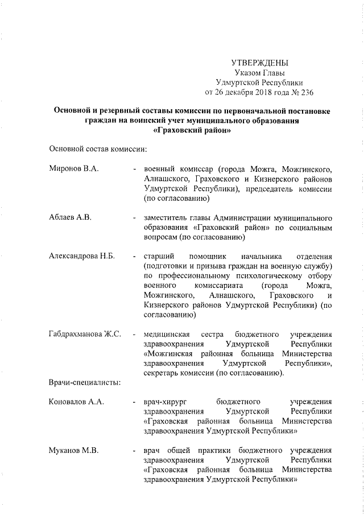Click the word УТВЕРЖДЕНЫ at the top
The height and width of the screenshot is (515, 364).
[260, 62]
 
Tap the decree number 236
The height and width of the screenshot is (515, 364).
[307, 91]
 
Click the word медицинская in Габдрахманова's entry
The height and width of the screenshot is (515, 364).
[169, 334]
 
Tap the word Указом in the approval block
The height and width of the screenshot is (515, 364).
[247, 72]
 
